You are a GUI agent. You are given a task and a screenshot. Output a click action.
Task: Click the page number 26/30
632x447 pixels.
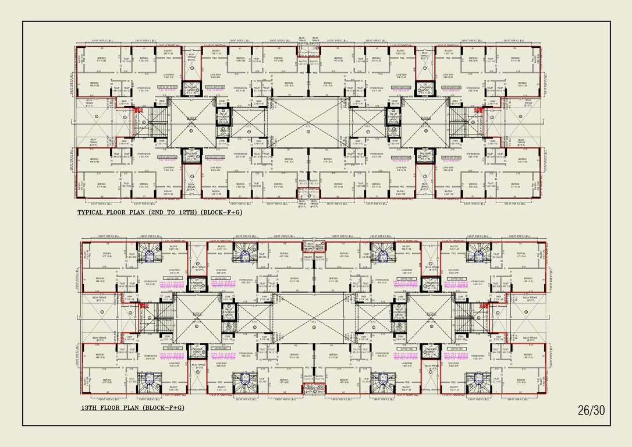[591, 410]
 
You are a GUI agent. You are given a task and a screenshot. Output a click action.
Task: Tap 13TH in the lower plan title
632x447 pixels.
[91, 407]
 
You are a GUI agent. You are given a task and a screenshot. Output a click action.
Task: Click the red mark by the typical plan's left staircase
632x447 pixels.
[138, 110]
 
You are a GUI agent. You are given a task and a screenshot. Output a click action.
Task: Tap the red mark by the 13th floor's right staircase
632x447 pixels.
[482, 306]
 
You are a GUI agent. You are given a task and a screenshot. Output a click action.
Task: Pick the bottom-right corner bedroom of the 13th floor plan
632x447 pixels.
[521, 382]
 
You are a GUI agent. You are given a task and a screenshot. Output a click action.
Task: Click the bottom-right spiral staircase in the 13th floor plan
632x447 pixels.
[480, 382]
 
